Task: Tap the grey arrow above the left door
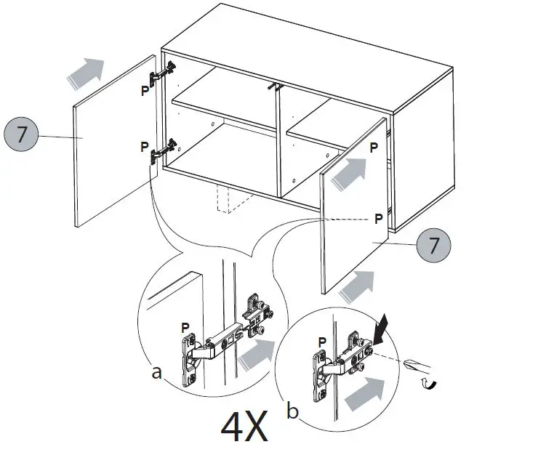click(x=84, y=72)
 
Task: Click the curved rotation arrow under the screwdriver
click(x=430, y=384)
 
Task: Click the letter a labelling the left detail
click(x=156, y=373)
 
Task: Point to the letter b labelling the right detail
click(x=292, y=412)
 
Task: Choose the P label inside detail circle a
click(x=185, y=328)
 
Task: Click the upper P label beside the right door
click(x=374, y=148)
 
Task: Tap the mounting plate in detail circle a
click(x=258, y=312)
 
